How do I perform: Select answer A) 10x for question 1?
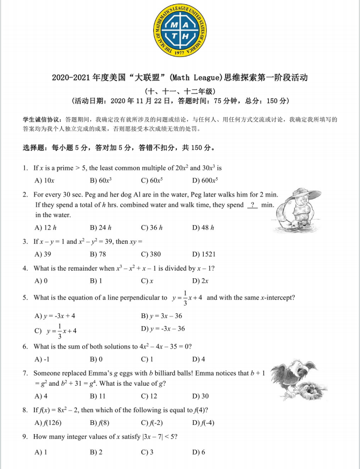tap(45, 181)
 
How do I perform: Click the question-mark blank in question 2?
tap(252, 205)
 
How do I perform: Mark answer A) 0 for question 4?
tap(41, 280)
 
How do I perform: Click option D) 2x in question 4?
tap(200, 280)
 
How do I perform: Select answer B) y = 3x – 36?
tap(161, 316)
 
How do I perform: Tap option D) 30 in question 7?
tap(200, 396)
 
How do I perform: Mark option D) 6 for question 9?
tap(199, 452)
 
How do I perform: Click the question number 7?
tap(25, 373)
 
